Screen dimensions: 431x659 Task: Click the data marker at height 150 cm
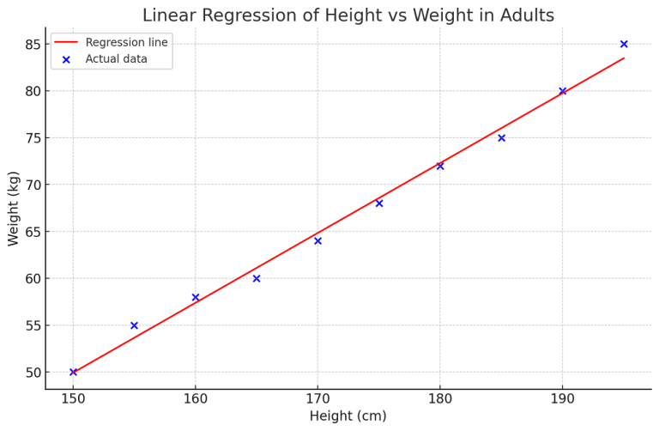pyautogui.click(x=73, y=372)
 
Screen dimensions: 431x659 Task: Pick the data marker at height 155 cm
pyautogui.click(x=134, y=325)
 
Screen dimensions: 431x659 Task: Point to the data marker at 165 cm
pyautogui.click(x=257, y=278)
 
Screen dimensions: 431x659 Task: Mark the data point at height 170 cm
pyautogui.click(x=317, y=241)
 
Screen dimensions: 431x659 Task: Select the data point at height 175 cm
pyautogui.click(x=379, y=203)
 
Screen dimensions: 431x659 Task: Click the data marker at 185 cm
pyautogui.click(x=501, y=138)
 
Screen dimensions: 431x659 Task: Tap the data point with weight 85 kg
pyautogui.click(x=624, y=44)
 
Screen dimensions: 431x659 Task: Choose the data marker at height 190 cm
pyautogui.click(x=563, y=91)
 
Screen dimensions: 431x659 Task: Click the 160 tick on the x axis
pyautogui.click(x=196, y=398)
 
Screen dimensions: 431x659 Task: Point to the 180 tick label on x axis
pyautogui.click(x=440, y=398)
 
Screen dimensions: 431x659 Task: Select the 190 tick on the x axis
pyautogui.click(x=563, y=398)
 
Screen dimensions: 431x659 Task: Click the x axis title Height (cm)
pyautogui.click(x=348, y=416)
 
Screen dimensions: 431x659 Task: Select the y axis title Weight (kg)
pyautogui.click(x=14, y=208)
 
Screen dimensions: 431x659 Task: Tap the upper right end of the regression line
pyautogui.click(x=624, y=58)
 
